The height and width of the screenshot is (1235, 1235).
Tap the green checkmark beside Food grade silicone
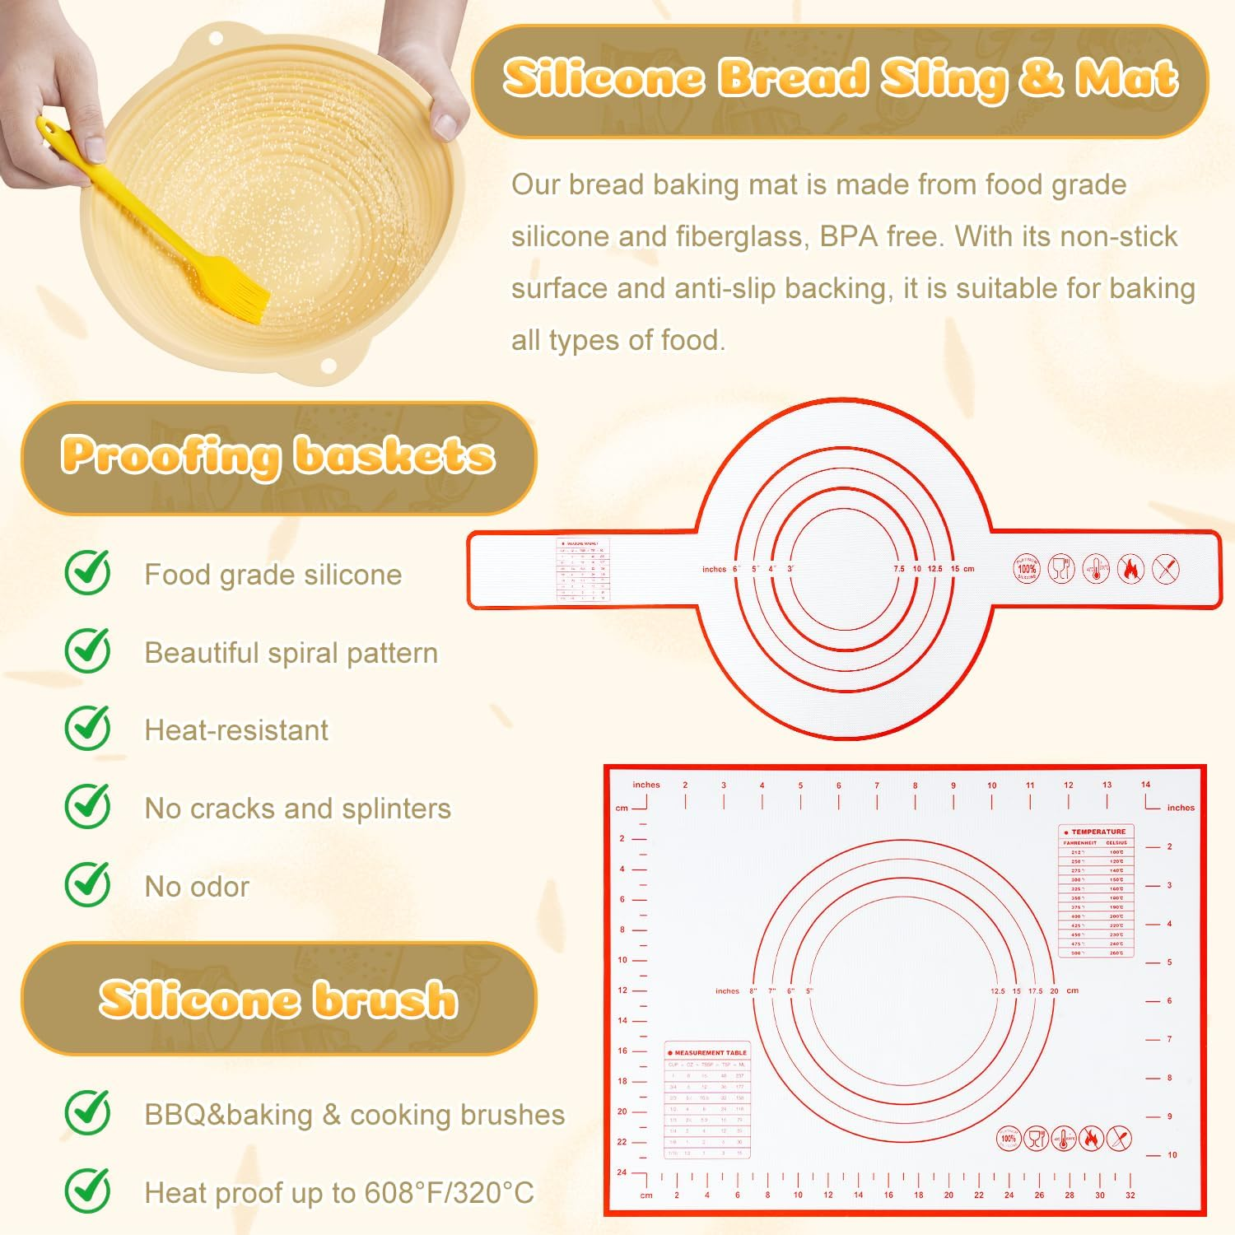pos(88,572)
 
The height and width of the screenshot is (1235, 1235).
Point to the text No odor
pos(197,887)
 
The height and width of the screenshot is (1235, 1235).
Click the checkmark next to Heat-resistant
pos(88,728)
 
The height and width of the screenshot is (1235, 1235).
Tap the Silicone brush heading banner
pos(278,999)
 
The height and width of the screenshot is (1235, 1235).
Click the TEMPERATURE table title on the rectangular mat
pos(1098,832)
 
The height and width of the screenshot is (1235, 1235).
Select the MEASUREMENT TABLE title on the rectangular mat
pos(710,1052)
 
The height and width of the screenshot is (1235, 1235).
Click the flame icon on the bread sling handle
pos(1130,568)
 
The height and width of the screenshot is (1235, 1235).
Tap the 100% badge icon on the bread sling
pos(1027,568)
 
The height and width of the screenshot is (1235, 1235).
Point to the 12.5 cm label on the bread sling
pos(934,569)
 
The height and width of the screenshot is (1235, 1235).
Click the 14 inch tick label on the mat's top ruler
pos(1145,785)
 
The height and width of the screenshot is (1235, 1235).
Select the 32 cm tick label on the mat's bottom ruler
pos(1130,1195)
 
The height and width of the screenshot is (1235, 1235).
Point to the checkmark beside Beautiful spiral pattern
pos(88,650)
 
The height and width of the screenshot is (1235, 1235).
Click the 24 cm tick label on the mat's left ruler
pos(622,1172)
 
